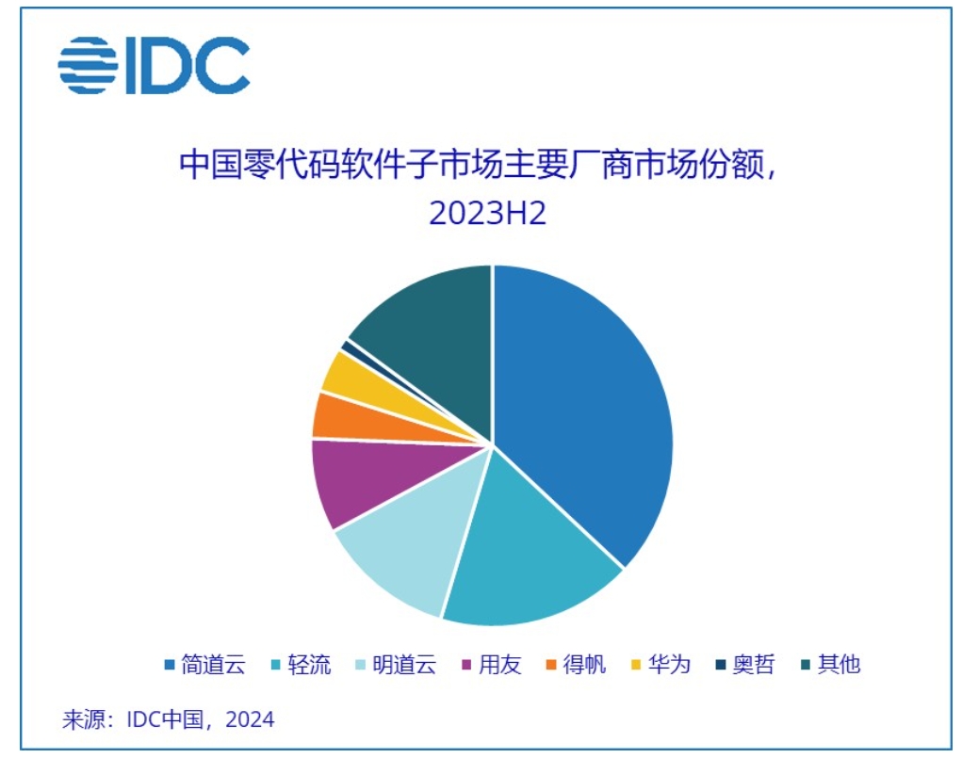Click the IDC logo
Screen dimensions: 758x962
[154, 65]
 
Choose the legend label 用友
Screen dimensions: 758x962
[500, 665]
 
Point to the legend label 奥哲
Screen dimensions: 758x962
[754, 665]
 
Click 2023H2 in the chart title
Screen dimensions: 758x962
[487, 213]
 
